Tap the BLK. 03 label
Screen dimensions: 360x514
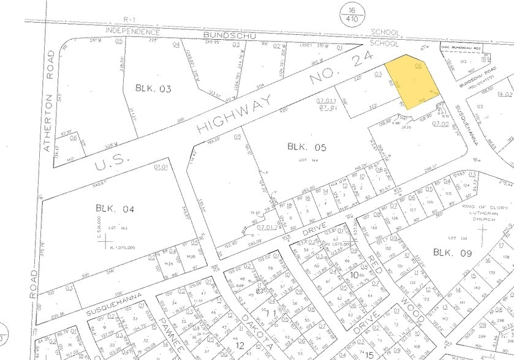point(153,89)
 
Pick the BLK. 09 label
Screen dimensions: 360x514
point(451,252)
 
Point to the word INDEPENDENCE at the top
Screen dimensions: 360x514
point(133,31)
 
